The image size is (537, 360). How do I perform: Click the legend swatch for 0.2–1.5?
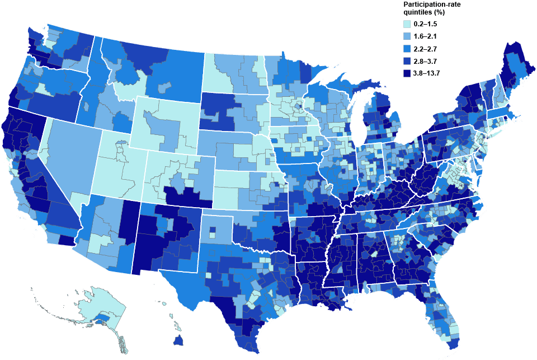tap(407, 24)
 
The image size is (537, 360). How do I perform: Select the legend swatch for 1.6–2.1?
tap(407, 36)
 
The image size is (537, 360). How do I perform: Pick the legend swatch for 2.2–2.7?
tap(407, 48)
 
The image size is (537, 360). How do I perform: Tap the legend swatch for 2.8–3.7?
tap(407, 60)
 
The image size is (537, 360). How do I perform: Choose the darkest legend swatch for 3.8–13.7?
tap(407, 72)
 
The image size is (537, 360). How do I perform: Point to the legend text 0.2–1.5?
tap(426, 24)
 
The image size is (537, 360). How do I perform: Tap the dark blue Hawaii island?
tap(179, 340)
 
